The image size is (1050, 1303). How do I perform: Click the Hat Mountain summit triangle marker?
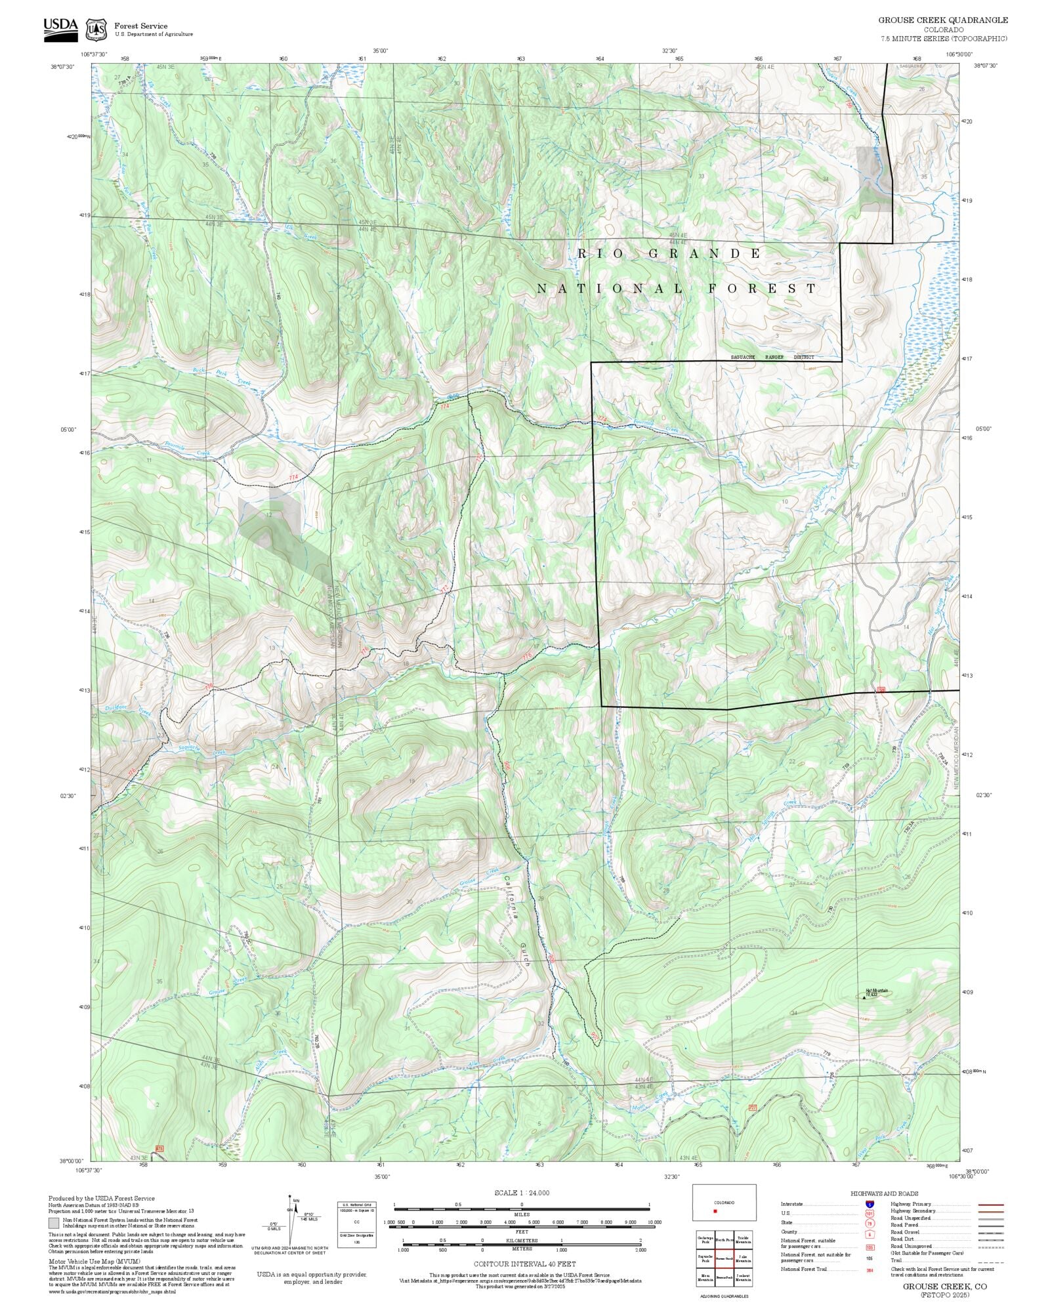coord(864,997)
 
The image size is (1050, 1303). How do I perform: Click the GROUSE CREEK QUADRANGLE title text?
coord(943,20)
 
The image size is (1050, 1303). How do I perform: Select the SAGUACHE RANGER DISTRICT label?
coord(772,358)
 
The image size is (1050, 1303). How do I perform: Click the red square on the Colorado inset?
coord(715,1211)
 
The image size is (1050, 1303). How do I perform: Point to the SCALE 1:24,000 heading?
coord(522,1193)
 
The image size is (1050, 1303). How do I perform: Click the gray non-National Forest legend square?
coord(52,1223)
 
